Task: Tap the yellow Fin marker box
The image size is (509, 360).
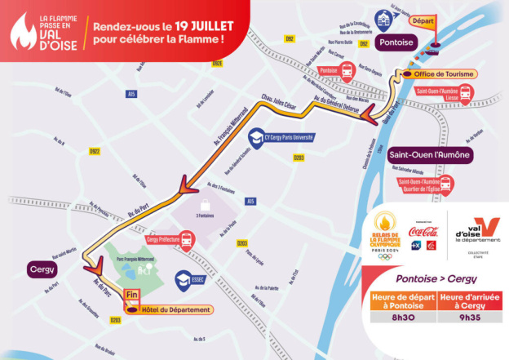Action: click(x=130, y=297)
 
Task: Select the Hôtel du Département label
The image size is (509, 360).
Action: click(x=173, y=310)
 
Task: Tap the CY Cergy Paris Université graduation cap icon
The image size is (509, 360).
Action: click(x=256, y=136)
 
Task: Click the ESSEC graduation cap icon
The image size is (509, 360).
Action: click(x=185, y=278)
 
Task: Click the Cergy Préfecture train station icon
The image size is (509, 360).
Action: click(x=187, y=240)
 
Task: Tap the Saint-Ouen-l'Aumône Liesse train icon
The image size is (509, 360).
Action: click(x=465, y=96)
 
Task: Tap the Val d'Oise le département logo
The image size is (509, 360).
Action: click(x=477, y=233)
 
